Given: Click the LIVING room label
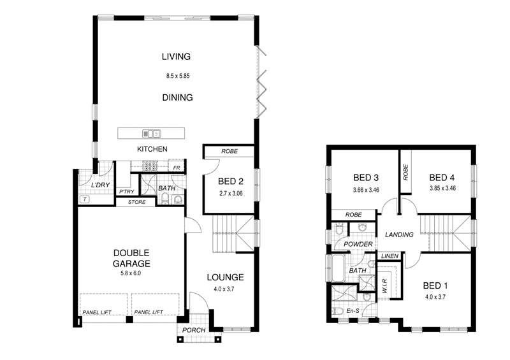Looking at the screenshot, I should [x=176, y=57].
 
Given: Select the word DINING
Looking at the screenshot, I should [x=177, y=97].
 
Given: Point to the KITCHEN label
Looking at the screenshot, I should [x=152, y=149].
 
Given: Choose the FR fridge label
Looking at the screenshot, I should [x=175, y=168].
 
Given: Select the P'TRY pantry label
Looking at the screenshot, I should [x=126, y=191].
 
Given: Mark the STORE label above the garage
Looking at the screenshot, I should [x=136, y=203].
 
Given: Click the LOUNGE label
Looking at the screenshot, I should [x=226, y=277].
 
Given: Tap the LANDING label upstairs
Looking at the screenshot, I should [x=400, y=234].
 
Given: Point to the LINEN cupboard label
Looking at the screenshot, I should [x=389, y=256].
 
